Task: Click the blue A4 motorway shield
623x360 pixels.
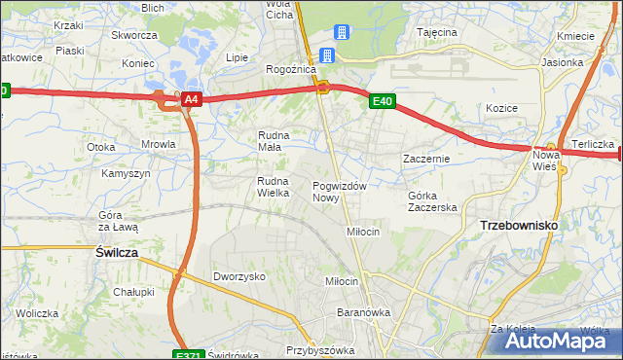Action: point(192,99)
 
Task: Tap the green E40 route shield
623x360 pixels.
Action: point(382,100)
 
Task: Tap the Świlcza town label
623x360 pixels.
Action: point(116,251)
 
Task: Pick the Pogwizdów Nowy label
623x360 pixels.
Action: point(339,192)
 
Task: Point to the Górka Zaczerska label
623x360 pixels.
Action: point(431,201)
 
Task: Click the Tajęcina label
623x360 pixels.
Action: point(437,32)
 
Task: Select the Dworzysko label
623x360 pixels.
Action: point(239,276)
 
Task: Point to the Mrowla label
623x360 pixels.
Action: point(158,144)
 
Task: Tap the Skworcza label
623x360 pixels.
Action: point(134,35)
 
